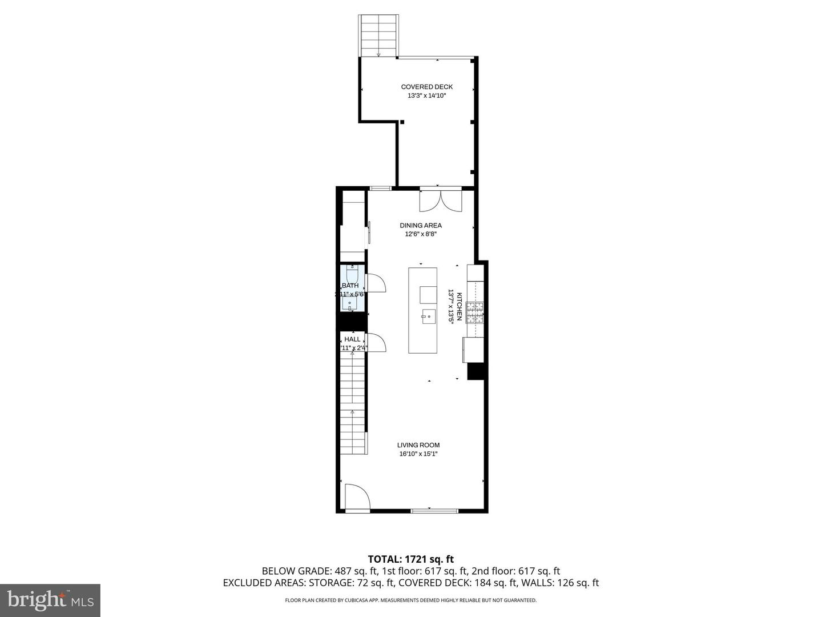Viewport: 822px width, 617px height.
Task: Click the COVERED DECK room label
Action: (426, 87)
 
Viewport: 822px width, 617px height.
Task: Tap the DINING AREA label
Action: (421, 225)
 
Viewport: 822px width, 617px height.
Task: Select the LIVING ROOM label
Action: (418, 445)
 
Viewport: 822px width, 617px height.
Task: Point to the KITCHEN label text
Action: (459, 306)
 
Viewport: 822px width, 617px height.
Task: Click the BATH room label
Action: (350, 286)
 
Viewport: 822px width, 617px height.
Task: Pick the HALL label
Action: (352, 339)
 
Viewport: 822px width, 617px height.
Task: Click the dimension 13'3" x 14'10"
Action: (426, 96)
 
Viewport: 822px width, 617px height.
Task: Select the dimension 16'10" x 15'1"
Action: (418, 454)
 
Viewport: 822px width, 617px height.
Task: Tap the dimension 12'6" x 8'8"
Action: (421, 234)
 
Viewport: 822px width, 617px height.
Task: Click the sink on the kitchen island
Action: (428, 315)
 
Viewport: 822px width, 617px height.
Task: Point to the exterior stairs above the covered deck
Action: (378, 35)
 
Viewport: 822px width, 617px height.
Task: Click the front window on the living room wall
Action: (434, 510)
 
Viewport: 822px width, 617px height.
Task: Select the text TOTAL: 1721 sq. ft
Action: (410, 559)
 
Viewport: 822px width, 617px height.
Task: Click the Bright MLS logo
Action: (50, 600)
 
